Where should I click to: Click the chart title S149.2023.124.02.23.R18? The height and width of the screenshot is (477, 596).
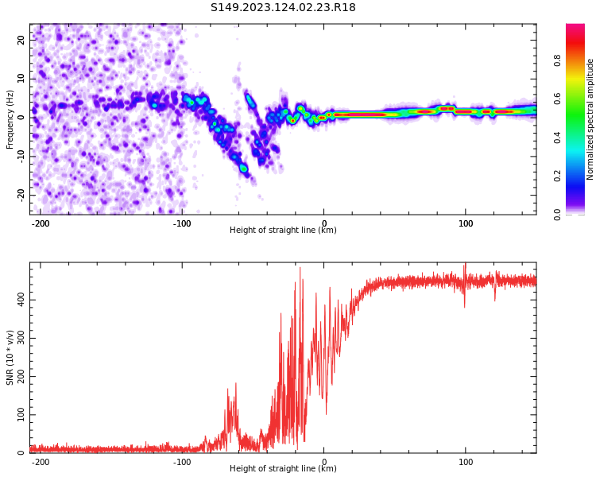click(283, 7)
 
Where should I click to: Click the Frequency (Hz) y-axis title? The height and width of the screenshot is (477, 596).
click(10, 119)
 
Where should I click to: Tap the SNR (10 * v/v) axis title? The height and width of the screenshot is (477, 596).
click(10, 358)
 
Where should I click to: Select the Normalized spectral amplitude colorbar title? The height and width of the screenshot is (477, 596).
click(590, 119)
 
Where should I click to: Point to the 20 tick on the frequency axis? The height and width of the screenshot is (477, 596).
click(21, 40)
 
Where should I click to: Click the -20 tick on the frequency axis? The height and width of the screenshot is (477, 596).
click(20, 194)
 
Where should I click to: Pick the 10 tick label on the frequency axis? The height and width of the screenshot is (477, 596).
click(21, 78)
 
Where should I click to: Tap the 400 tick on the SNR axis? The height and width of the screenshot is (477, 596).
click(18, 298)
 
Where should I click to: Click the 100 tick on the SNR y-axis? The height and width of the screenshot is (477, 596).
click(18, 415)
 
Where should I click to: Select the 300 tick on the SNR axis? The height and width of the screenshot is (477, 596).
click(18, 337)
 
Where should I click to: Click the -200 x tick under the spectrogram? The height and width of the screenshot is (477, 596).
click(41, 222)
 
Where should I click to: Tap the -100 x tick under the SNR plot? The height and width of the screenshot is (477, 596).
click(182, 461)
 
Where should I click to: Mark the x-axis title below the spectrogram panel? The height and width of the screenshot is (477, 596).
click(283, 231)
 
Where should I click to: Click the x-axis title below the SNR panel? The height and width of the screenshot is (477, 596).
click(283, 469)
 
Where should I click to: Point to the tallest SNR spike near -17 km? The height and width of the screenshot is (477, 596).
click(300, 269)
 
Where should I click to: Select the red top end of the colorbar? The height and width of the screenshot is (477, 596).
click(575, 29)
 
